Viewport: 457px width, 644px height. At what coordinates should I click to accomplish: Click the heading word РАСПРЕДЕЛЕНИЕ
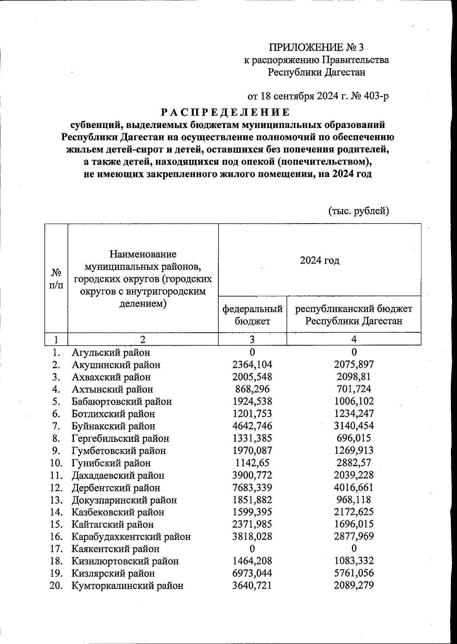point(225,112)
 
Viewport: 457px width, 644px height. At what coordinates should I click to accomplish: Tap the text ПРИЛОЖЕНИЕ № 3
point(316,47)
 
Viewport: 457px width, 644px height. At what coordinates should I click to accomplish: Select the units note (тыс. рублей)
point(358,211)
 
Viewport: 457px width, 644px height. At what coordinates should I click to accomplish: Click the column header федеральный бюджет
point(252,314)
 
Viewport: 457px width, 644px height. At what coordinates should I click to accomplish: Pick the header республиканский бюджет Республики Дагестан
point(353,314)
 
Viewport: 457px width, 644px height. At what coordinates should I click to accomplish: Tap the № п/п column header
point(56,278)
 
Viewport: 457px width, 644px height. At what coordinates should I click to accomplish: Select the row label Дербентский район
point(116,488)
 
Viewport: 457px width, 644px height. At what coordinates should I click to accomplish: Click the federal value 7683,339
point(252,488)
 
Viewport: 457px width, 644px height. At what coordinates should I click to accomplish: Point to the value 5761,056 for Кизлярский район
point(354,573)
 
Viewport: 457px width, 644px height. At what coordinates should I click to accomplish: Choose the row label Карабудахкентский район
point(131,537)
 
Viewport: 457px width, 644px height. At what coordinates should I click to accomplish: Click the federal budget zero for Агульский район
point(252,352)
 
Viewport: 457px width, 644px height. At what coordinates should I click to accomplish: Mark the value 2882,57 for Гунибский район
point(354,463)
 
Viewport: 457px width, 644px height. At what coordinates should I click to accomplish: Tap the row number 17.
point(56,549)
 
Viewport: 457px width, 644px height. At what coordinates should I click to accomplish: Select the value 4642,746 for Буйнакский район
point(252,426)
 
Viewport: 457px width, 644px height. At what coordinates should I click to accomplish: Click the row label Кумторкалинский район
point(127,586)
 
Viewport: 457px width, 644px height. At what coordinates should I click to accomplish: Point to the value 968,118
point(354,500)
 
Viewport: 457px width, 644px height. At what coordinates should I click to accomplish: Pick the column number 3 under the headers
point(252,339)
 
